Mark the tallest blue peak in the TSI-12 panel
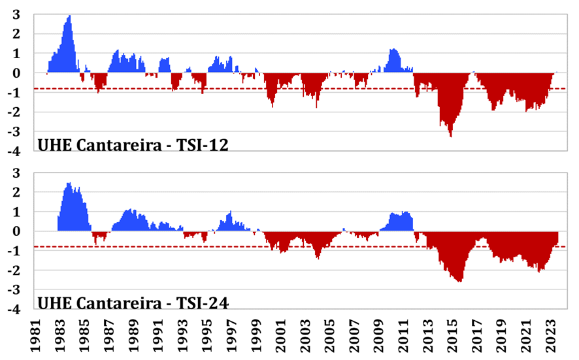(x=69, y=16)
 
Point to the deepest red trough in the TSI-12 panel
(x=450, y=135)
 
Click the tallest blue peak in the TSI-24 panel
(x=69, y=184)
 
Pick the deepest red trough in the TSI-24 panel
(x=461, y=281)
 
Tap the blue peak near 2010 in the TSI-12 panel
(x=393, y=50)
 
